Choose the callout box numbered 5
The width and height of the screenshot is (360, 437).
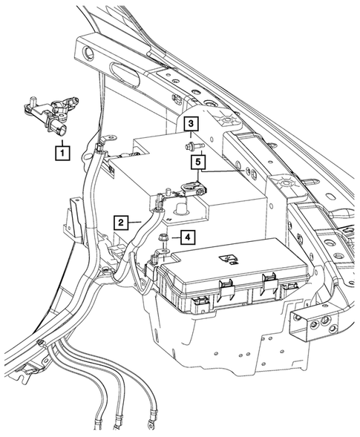point(199,160)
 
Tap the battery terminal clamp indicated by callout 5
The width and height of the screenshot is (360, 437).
point(193,188)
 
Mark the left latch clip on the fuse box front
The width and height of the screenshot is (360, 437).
point(228,283)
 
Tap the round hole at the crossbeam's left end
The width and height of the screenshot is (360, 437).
point(88,53)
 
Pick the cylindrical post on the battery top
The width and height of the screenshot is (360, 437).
point(179,212)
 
